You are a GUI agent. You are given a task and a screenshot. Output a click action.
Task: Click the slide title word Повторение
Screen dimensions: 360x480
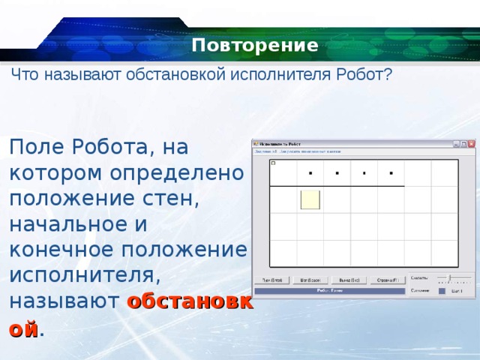click(255, 46)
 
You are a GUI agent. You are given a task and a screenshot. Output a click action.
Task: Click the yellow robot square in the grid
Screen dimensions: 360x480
click(310, 199)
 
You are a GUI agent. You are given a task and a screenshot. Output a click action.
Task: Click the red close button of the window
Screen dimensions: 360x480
click(471, 143)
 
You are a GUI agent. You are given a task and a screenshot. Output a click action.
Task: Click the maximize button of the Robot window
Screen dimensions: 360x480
click(463, 143)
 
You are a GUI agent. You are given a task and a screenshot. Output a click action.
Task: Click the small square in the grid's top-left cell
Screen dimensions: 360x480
click(273, 163)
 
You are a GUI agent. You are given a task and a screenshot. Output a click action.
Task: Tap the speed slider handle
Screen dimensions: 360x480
click(450, 278)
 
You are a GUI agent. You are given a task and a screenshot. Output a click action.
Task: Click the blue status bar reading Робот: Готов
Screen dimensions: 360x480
click(330, 290)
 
